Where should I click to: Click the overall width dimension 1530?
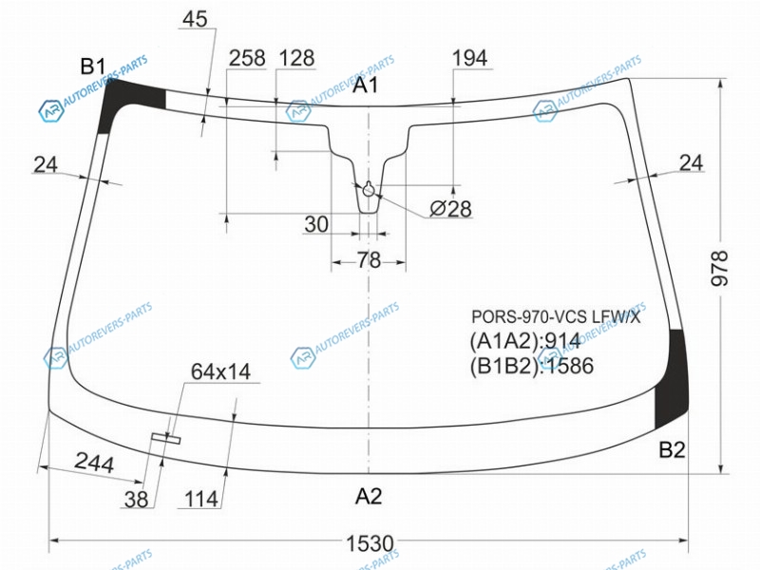click(x=370, y=543)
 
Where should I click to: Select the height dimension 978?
click(x=720, y=268)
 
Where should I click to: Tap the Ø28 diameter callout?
click(x=450, y=209)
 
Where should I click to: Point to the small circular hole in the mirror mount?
click(x=369, y=189)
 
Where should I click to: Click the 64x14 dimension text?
click(x=220, y=371)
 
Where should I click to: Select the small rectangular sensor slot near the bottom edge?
click(x=165, y=438)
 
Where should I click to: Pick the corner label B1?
click(x=92, y=66)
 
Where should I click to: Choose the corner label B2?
click(x=672, y=450)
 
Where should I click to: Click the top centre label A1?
click(x=365, y=85)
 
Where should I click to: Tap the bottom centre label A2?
click(x=369, y=496)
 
